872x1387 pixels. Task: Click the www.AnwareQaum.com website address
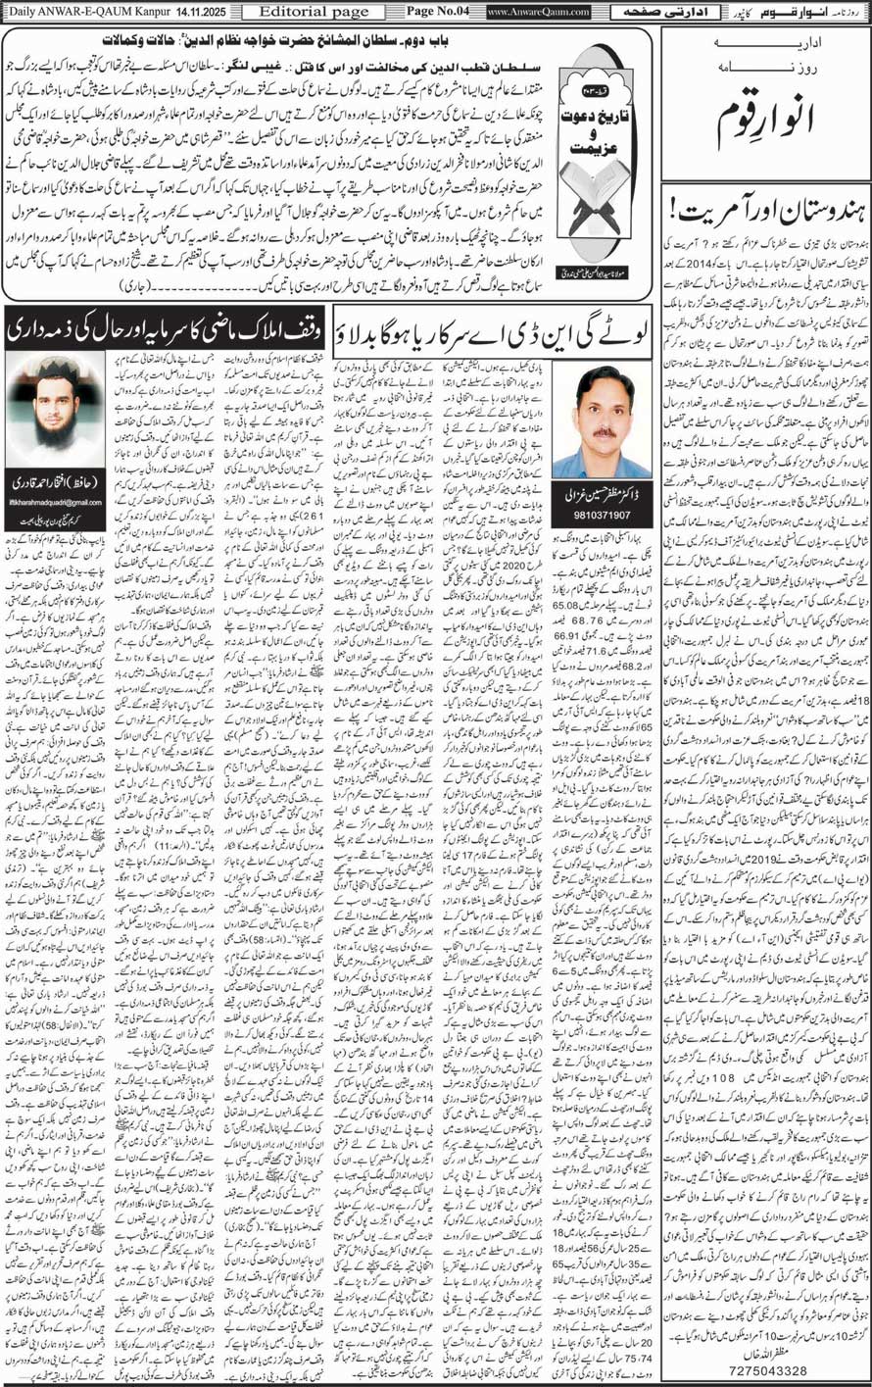click(538, 12)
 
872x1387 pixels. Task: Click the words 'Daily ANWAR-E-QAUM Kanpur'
click(74, 12)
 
